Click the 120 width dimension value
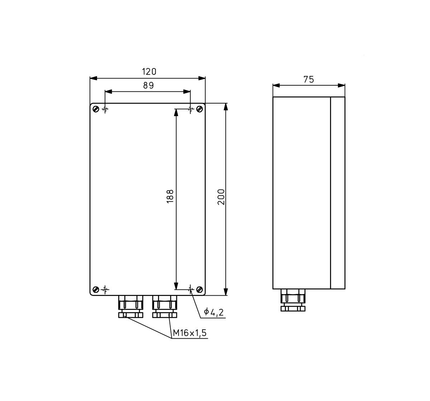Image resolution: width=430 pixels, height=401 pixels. pos(149,72)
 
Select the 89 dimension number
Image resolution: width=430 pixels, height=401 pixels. pos(148,85)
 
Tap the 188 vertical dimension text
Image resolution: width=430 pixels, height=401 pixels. pos(170,196)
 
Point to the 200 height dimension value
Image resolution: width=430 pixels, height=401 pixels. pos(221,197)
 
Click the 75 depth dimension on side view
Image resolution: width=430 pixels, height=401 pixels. pos(309,80)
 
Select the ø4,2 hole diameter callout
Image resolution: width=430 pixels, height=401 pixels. pos(214,312)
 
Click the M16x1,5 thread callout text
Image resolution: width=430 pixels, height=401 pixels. pos(190,333)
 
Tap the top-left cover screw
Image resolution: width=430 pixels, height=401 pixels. pos(96,109)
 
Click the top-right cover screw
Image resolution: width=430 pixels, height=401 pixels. pos(200,109)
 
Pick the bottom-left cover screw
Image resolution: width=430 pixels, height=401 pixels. pos(96,289)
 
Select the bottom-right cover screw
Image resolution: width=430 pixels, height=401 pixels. pos(200,289)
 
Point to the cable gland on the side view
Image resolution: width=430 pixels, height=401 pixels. pos(293,300)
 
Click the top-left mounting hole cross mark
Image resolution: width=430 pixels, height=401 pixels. pos(105,109)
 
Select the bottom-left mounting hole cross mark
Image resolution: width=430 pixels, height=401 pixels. pos(105,289)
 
